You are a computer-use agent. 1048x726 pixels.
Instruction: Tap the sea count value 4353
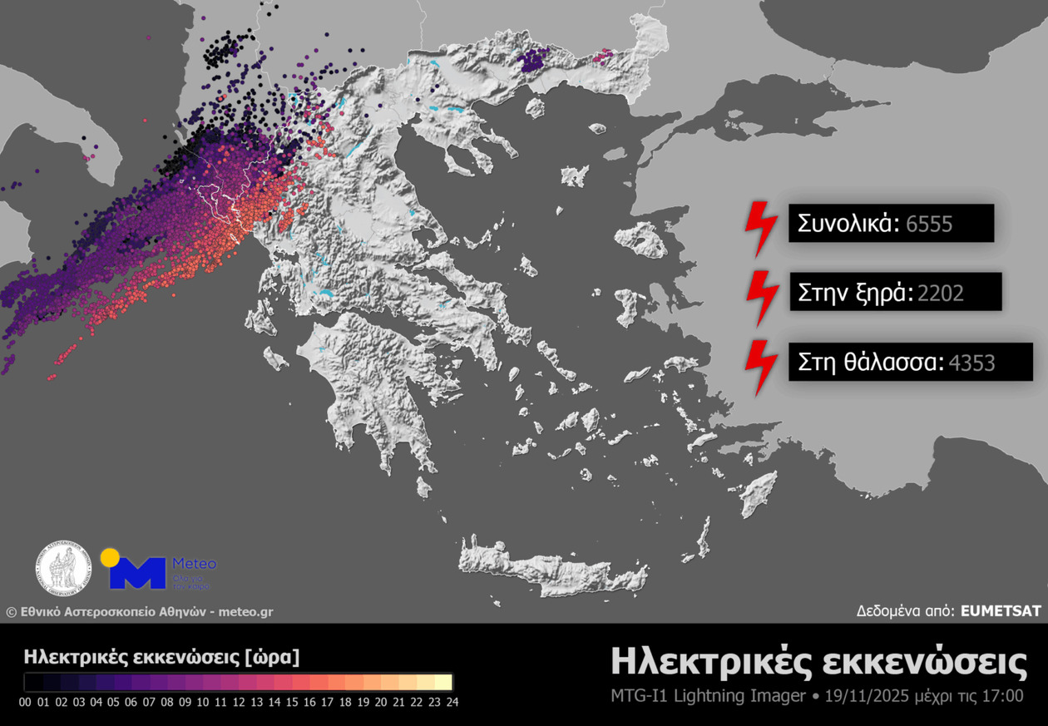pos(971,362)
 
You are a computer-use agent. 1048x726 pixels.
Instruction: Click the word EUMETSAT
pos(1001,610)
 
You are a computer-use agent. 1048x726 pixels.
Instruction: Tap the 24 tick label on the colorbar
pos(451,702)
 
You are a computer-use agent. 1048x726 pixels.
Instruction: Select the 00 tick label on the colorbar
pos(25,702)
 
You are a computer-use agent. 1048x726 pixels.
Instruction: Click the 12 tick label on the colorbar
pos(238,702)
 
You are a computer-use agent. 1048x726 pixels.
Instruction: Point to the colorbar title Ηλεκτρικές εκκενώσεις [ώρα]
pos(161,656)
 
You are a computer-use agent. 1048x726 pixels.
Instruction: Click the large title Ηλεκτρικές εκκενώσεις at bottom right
pos(818,662)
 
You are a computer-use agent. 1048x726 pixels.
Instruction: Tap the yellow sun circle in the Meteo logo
pos(110,557)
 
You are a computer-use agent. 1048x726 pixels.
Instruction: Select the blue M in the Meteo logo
pos(137,574)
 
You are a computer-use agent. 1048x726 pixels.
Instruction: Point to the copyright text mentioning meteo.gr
pos(139,612)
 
